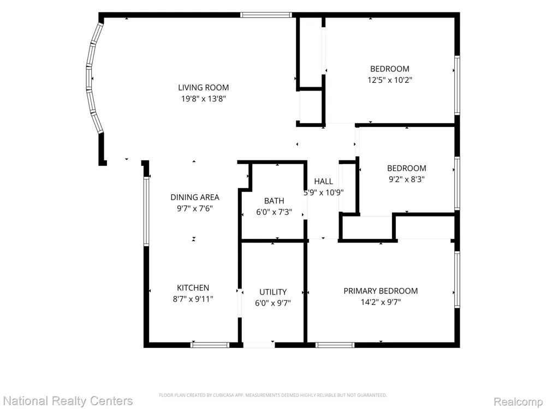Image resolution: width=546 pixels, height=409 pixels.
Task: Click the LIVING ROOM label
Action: pos(203,88)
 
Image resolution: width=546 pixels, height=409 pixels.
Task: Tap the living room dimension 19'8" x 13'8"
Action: pos(203,99)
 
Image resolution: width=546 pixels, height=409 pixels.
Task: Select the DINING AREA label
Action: pos(195,197)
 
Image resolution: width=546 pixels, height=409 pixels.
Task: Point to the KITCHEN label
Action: pos(193,288)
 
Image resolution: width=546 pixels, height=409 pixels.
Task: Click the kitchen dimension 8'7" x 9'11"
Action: pos(193,299)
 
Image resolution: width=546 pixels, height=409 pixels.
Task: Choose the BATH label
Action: pos(274,201)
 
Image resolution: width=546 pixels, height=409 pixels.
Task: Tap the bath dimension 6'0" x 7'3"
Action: pos(274,212)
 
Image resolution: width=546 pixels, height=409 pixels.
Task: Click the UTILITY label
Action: pos(273,292)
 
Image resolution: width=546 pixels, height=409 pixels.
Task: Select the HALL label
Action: pos(323,181)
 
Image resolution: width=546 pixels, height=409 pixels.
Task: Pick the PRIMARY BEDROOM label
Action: pos(381,291)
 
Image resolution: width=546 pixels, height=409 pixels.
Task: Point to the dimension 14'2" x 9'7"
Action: pos(381,302)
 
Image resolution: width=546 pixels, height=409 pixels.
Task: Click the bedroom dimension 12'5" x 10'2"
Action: pos(390,80)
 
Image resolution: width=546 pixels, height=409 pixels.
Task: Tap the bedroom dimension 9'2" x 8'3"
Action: pos(406,179)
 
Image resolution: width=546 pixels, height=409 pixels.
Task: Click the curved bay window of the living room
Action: pos(88,78)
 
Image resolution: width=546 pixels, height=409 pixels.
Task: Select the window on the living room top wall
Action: pos(265,15)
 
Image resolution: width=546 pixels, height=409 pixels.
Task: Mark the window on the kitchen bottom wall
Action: pos(210,345)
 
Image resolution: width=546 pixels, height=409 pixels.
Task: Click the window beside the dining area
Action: pos(146,212)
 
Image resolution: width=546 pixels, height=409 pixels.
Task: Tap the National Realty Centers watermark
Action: pos(68,401)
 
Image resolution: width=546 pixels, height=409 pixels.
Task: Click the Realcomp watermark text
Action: pos(518,402)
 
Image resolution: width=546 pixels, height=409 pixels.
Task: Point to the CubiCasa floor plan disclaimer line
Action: pos(272,395)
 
